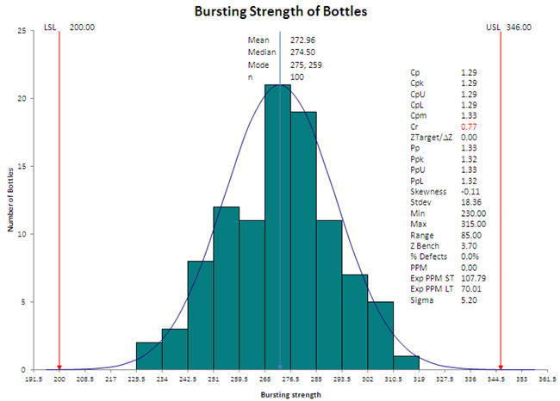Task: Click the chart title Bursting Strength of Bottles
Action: click(x=280, y=12)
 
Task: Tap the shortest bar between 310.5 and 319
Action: click(x=407, y=363)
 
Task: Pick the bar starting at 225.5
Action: click(x=149, y=356)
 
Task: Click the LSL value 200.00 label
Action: click(x=82, y=28)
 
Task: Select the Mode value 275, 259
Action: click(x=308, y=65)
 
